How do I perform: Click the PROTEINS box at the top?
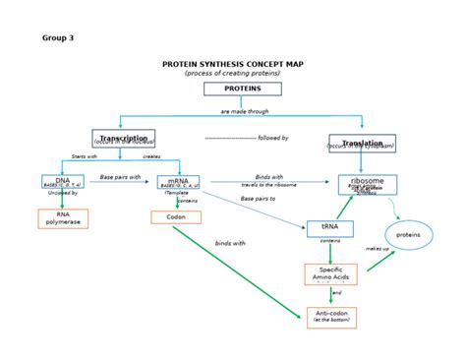click(x=243, y=89)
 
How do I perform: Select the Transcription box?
click(x=124, y=140)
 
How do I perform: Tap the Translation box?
click(x=362, y=144)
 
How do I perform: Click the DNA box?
click(x=63, y=182)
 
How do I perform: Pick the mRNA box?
click(x=178, y=182)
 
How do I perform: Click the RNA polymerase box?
click(x=63, y=217)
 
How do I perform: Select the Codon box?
click(x=176, y=216)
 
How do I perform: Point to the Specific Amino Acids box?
click(x=330, y=274)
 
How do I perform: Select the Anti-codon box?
click(x=331, y=317)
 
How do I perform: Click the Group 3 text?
click(x=58, y=37)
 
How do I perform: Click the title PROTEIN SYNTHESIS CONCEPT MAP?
click(x=232, y=64)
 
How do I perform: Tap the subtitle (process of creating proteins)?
click(x=232, y=74)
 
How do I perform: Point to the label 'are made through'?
click(x=244, y=112)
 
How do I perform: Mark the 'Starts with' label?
click(x=85, y=156)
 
